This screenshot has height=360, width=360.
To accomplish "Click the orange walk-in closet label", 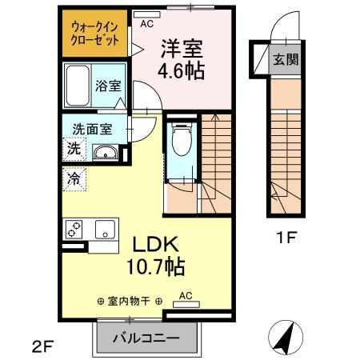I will click(x=95, y=33).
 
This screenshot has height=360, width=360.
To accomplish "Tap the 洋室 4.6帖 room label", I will click(x=180, y=59).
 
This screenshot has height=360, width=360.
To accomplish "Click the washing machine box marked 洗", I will click(x=74, y=149).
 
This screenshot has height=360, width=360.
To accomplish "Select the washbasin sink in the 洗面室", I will click(x=105, y=153).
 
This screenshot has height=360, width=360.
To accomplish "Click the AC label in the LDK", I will click(x=186, y=295).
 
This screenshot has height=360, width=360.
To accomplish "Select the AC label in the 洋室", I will click(x=146, y=23).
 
